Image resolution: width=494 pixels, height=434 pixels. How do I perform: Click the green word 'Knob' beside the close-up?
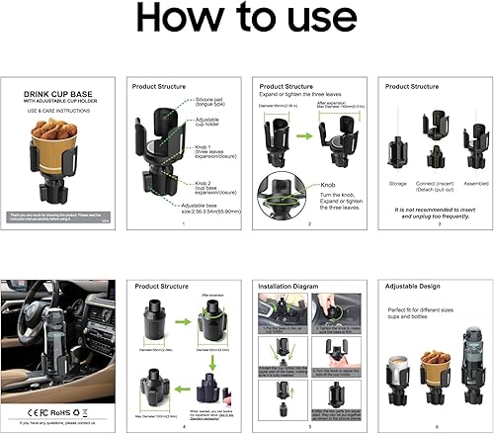pos(327,184)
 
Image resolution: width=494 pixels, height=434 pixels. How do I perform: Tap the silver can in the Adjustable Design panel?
pos(400,365)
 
